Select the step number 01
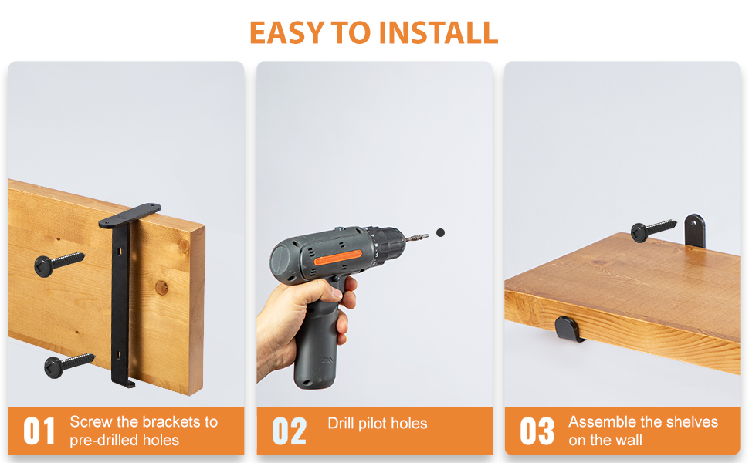pyautogui.click(x=39, y=431)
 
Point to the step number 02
pyautogui.click(x=289, y=431)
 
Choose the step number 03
pyautogui.click(x=537, y=431)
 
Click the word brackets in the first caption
pyautogui.click(x=168, y=422)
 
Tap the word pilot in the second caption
pyautogui.click(x=379, y=423)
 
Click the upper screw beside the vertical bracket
pyautogui.click(x=59, y=262)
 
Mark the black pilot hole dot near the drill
pyautogui.click(x=440, y=232)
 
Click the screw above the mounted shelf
pyautogui.click(x=652, y=229)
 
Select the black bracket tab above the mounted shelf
pyautogui.click(x=694, y=230)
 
